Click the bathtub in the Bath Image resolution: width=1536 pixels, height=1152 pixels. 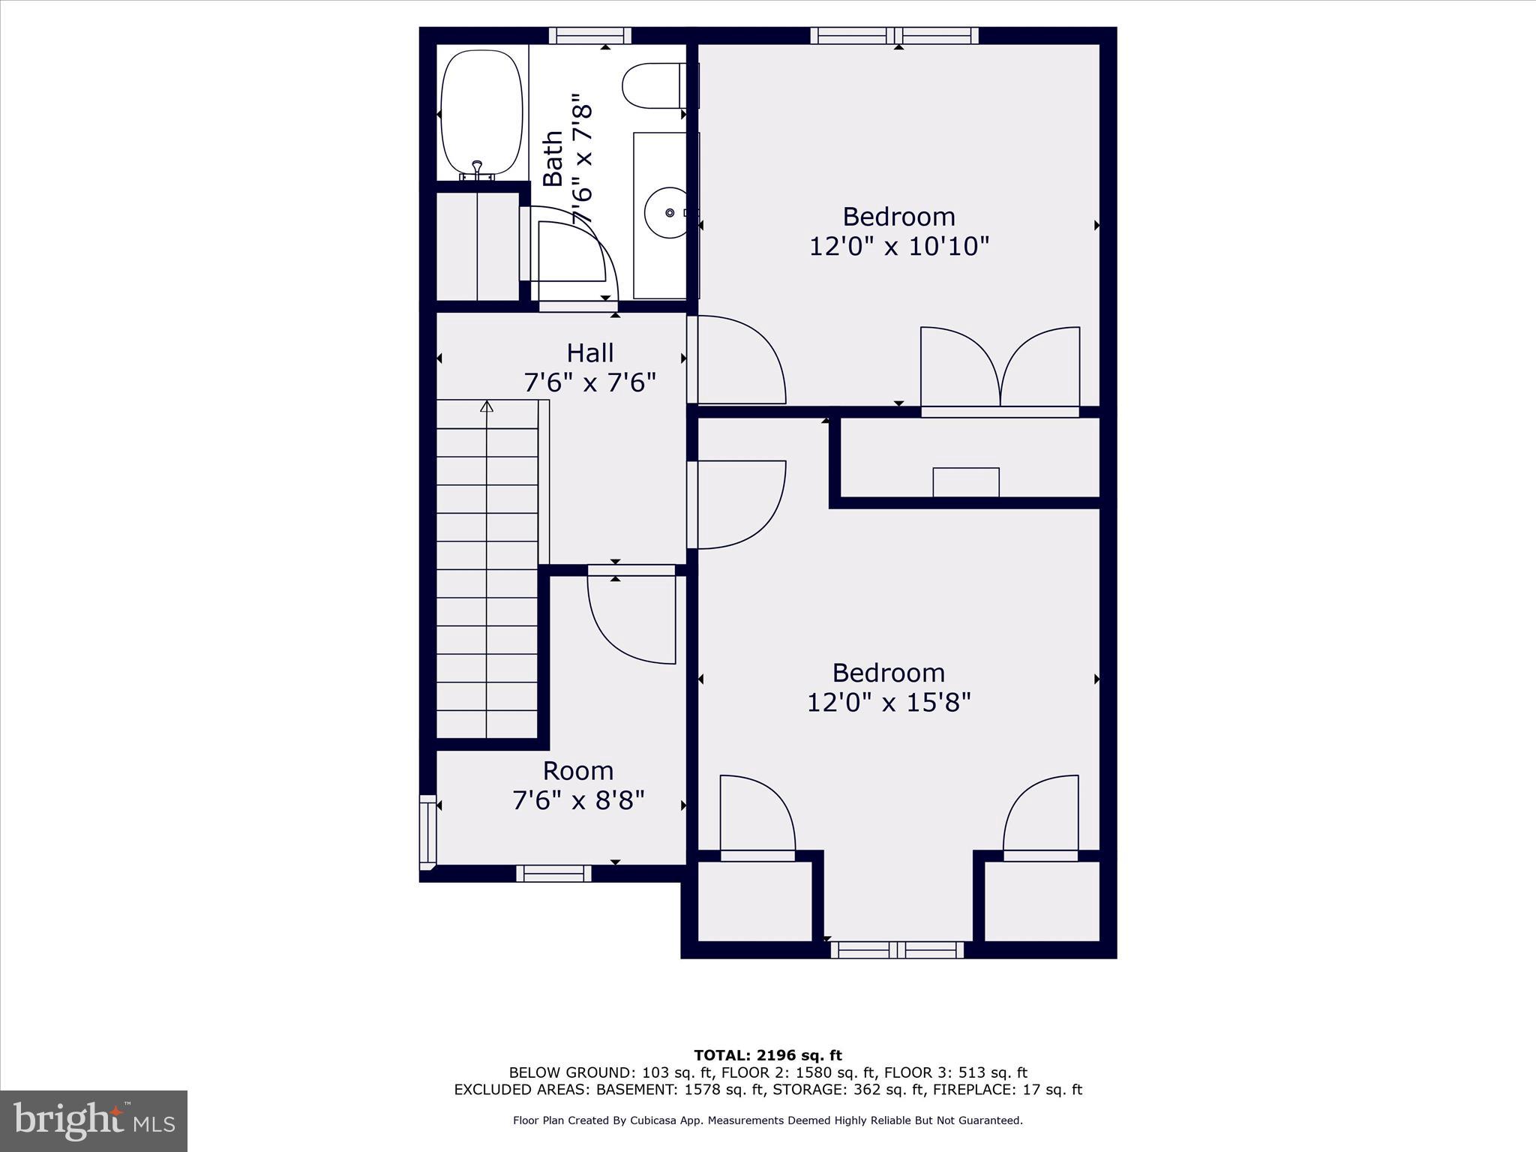481,112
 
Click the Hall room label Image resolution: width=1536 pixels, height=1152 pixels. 590,352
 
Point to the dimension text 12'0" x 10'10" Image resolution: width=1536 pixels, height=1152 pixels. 899,246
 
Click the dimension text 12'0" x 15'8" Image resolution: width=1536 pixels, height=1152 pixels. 889,702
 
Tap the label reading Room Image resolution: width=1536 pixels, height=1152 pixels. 578,770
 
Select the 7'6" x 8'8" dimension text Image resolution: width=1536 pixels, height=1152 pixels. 578,800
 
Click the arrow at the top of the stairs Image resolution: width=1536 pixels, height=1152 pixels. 487,406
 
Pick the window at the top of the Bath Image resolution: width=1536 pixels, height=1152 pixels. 589,35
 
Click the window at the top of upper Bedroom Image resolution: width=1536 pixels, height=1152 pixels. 894,35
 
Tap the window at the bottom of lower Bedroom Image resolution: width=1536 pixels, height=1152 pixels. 897,950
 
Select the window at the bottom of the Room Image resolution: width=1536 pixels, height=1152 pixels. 553,873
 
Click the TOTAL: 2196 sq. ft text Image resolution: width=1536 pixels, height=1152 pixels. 768,1055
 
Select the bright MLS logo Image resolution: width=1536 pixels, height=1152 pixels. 94,1120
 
